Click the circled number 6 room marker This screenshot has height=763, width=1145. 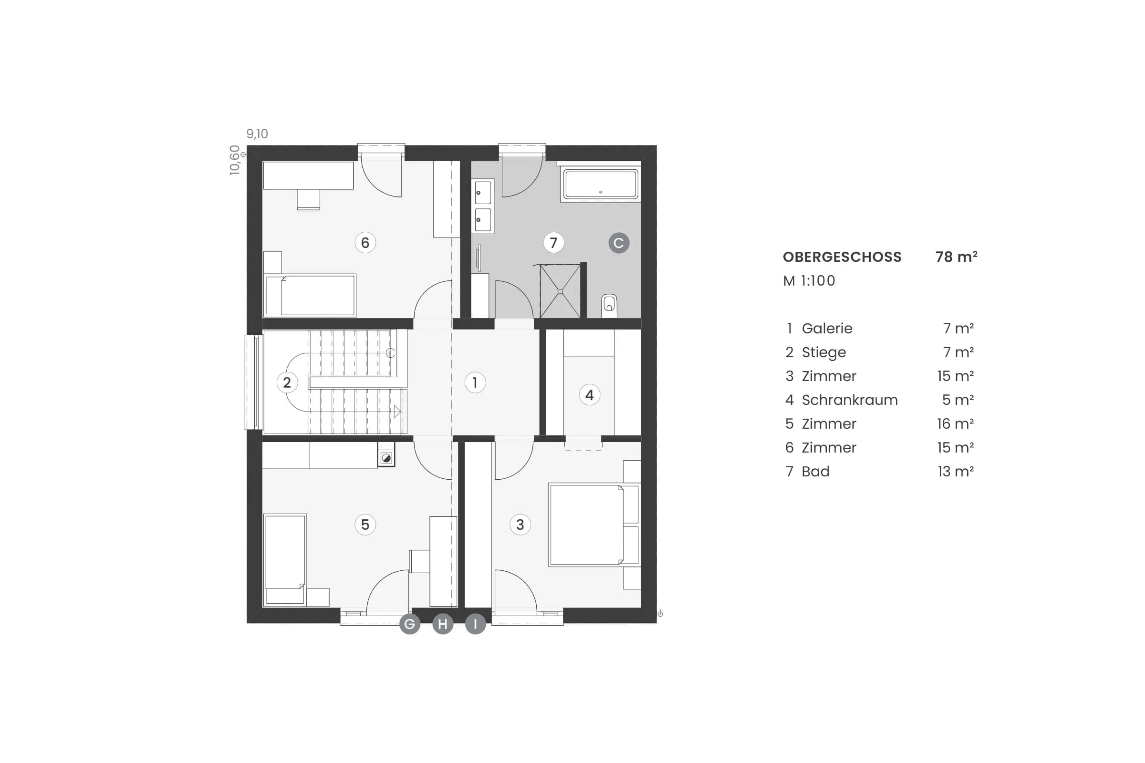tap(365, 242)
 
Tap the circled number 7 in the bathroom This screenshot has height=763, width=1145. tap(553, 242)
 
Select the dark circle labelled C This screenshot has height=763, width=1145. tap(619, 243)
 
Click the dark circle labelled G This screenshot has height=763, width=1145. tap(410, 624)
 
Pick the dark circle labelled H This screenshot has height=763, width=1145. tap(443, 624)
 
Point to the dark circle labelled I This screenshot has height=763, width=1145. tap(475, 624)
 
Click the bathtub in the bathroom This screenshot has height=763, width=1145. tap(601, 184)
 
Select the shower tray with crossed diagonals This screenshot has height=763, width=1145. tap(560, 291)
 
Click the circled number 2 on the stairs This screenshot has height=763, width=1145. tap(287, 382)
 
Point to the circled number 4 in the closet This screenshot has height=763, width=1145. tap(589, 395)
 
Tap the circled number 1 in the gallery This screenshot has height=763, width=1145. tap(475, 382)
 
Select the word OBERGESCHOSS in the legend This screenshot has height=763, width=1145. tap(842, 257)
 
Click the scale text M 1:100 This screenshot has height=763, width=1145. tap(809, 281)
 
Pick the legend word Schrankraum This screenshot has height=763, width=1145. tap(850, 400)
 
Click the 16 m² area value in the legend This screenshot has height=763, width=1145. tap(955, 423)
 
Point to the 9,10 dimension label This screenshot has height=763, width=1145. tap(257, 134)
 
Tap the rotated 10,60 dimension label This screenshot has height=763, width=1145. tap(235, 160)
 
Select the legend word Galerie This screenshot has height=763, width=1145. tap(827, 329)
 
